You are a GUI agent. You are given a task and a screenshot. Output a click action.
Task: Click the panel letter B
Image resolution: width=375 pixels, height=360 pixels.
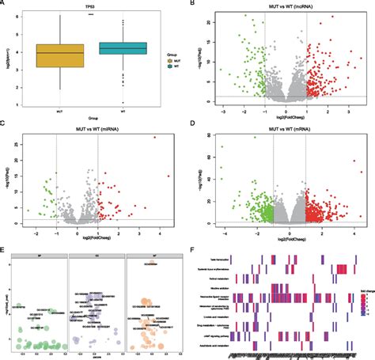(194, 4)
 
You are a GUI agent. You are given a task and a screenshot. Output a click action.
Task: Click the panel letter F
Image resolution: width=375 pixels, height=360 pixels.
(194, 247)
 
